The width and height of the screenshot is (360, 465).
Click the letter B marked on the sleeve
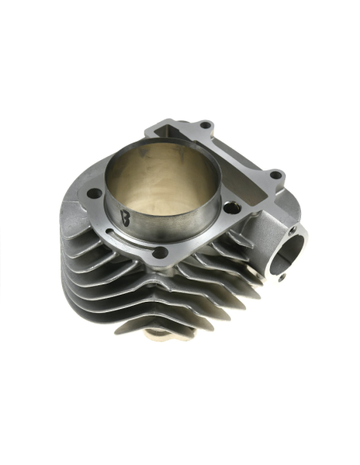125,216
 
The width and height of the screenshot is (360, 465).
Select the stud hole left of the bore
93,193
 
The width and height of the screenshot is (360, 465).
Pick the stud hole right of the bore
231,208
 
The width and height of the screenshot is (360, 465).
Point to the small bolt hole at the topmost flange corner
205,124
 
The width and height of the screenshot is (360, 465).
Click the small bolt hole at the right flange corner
275,174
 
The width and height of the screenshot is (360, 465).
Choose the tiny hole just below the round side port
280,277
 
